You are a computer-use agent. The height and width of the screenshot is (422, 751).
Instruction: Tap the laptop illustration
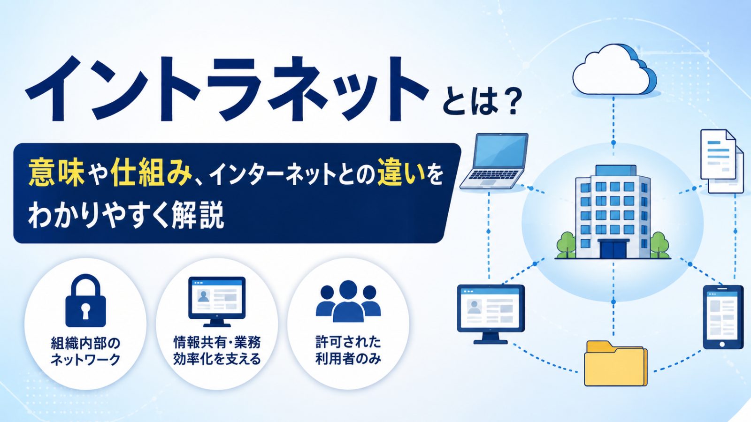click(x=493, y=161)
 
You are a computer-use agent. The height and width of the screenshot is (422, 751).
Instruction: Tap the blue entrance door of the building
click(x=613, y=249)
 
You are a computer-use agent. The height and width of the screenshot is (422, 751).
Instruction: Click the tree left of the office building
click(x=566, y=244)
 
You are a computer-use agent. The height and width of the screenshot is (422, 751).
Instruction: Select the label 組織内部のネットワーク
click(x=85, y=351)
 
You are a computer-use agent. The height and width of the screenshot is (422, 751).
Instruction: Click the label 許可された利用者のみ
click(x=348, y=350)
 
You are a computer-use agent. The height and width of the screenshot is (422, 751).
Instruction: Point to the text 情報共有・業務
click(x=217, y=342)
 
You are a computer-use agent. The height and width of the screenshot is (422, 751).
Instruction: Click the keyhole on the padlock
click(x=85, y=311)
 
